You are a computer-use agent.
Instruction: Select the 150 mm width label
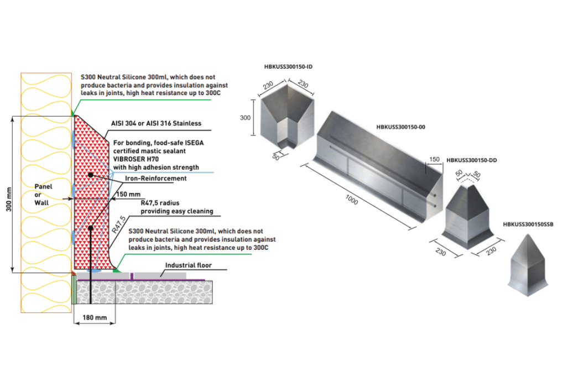pyautogui.click(x=129, y=194)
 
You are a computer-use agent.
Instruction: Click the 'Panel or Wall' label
pyautogui.click(x=43, y=195)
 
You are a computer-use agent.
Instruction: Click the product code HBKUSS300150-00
pyautogui.click(x=400, y=127)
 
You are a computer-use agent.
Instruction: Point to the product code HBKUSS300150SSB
pyautogui.click(x=528, y=224)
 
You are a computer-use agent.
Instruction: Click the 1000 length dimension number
pyautogui.click(x=349, y=200)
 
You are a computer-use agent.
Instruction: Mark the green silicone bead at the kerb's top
pyautogui.click(x=74, y=113)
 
